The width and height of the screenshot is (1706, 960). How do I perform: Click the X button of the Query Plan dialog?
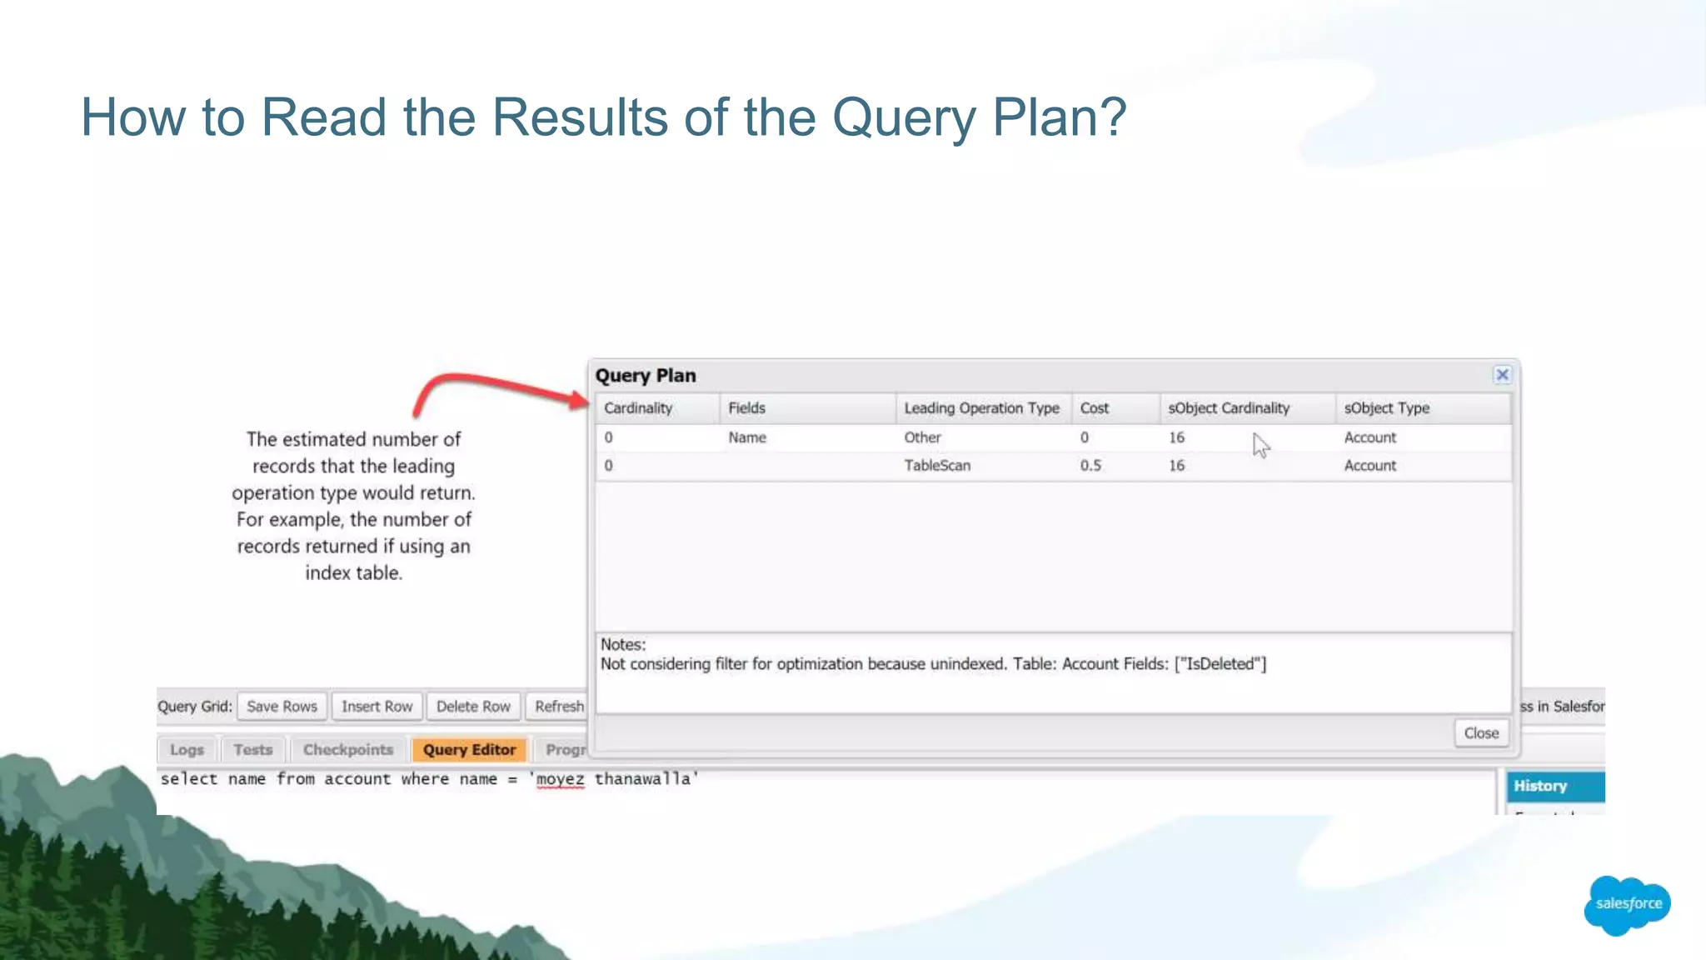1502,375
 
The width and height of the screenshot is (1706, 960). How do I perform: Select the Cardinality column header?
638,408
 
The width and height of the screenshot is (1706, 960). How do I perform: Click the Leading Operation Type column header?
981,408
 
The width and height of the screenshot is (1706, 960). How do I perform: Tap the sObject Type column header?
1386,408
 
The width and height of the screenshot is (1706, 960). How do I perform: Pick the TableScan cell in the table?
937,466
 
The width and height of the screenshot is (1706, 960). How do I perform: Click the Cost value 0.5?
1090,466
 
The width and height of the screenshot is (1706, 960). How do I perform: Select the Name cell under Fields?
747,437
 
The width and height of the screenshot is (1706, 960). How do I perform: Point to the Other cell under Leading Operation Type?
922,437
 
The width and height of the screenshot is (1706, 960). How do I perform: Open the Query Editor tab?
469,750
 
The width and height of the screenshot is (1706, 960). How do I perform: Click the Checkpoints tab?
347,750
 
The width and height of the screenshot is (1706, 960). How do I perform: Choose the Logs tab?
187,750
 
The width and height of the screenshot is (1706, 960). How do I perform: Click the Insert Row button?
377,707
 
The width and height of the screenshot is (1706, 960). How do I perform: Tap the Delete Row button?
473,707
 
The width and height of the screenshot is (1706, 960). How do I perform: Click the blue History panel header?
1554,786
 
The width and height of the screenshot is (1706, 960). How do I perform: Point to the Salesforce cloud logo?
1628,904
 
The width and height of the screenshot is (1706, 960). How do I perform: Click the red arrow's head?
580,400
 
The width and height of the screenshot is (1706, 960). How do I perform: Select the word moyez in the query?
560,779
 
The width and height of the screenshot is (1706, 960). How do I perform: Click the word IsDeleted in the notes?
1220,664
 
